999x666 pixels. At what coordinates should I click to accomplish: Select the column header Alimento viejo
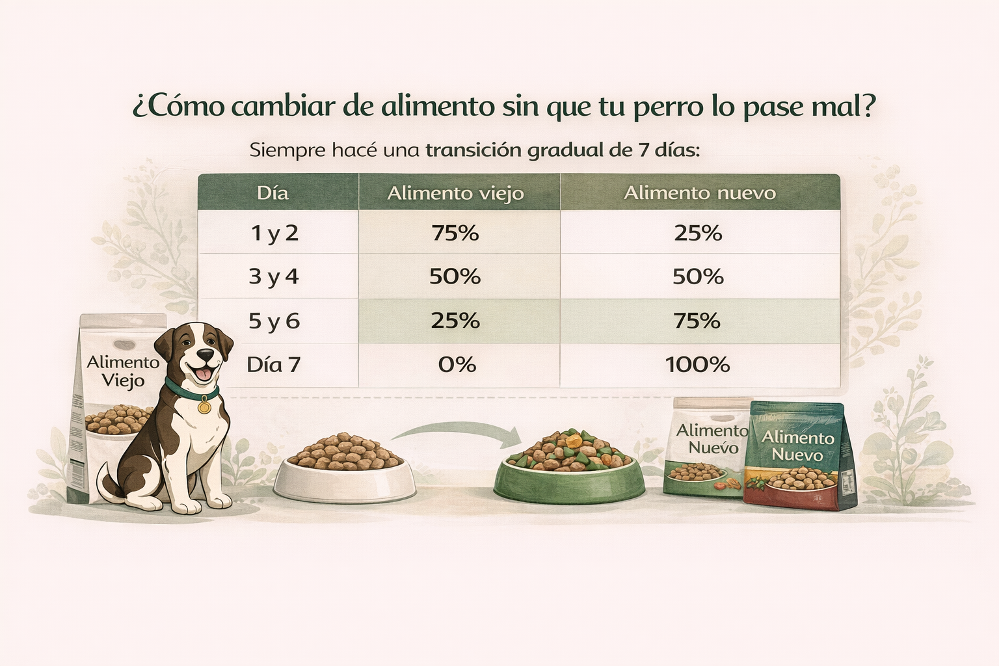pos(455,193)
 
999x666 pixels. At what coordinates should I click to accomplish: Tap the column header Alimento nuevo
pos(700,193)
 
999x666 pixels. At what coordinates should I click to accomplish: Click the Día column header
pos(273,193)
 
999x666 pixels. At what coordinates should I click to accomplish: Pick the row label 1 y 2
pos(274,233)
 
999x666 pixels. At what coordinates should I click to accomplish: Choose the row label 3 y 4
pos(274,276)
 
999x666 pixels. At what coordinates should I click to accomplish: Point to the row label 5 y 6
pos(274,321)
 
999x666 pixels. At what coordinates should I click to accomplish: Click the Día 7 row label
pos(274,364)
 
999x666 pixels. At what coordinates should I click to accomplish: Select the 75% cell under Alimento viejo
pos(455,233)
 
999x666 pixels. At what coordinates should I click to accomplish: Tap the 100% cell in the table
pos(698,364)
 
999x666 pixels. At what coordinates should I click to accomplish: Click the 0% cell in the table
pos(457,364)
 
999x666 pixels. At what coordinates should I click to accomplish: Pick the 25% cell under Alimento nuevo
pos(698,233)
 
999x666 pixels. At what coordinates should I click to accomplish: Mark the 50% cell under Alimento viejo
pos(455,276)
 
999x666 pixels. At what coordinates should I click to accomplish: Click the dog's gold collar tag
pos(204,407)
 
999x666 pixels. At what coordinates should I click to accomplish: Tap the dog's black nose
pos(206,354)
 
